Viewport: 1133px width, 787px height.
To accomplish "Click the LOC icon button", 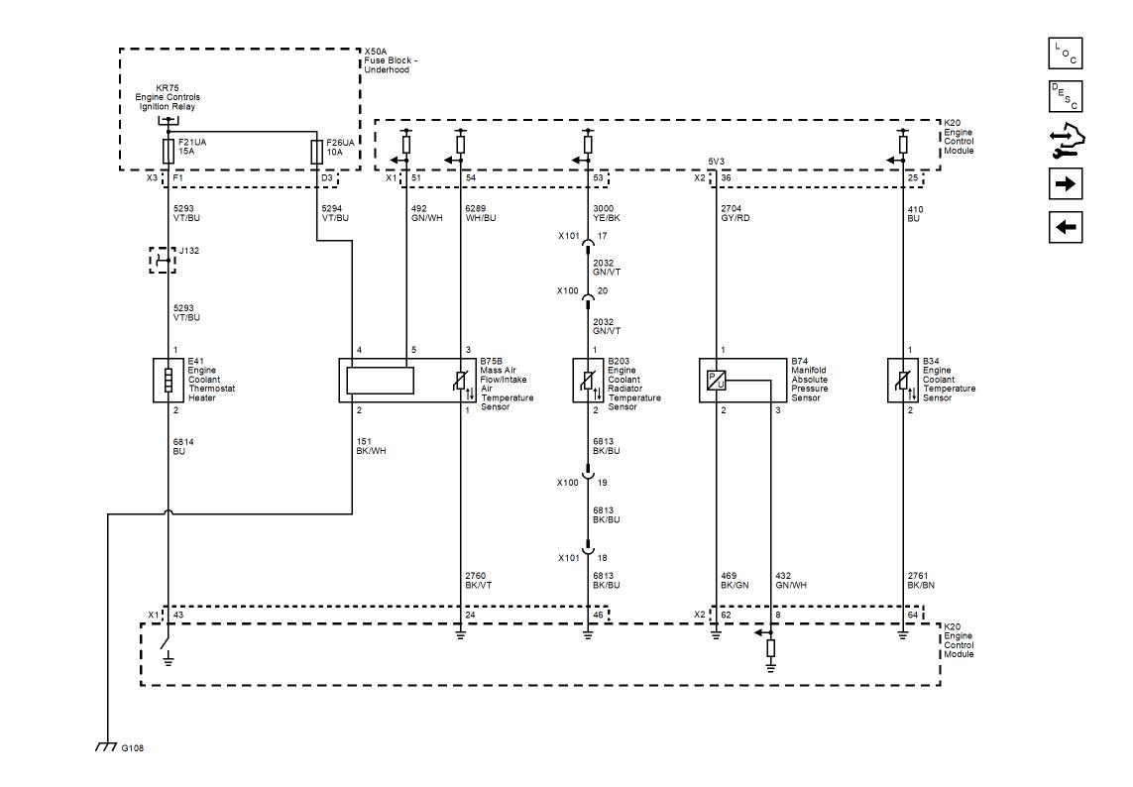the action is tap(1065, 54).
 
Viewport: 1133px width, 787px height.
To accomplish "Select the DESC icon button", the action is tap(1065, 97).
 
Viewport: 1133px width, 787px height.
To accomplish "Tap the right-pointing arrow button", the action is tap(1065, 183).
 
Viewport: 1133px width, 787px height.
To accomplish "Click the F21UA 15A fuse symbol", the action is tap(169, 152).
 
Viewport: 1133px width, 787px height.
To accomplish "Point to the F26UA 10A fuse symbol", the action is tap(316, 152).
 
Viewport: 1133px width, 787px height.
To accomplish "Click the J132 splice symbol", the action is tap(163, 260).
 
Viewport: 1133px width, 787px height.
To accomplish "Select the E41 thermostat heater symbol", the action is tap(169, 381).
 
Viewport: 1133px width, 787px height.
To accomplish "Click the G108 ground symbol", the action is tap(106, 746).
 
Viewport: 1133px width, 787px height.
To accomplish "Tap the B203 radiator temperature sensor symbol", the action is tap(588, 381).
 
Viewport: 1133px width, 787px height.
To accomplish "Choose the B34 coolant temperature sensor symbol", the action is tap(903, 381).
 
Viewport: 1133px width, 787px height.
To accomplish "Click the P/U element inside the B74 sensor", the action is tap(716, 381).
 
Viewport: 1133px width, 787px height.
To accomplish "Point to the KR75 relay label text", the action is tap(168, 97).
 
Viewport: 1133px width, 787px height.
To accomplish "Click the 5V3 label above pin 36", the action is tap(716, 162).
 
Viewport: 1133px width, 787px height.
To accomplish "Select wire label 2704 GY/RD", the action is tap(735, 213).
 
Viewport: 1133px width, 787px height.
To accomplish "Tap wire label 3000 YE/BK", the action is tap(607, 213).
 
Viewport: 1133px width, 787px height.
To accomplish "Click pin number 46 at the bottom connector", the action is tap(599, 615).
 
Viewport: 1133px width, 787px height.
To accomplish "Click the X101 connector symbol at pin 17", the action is tap(588, 243).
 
